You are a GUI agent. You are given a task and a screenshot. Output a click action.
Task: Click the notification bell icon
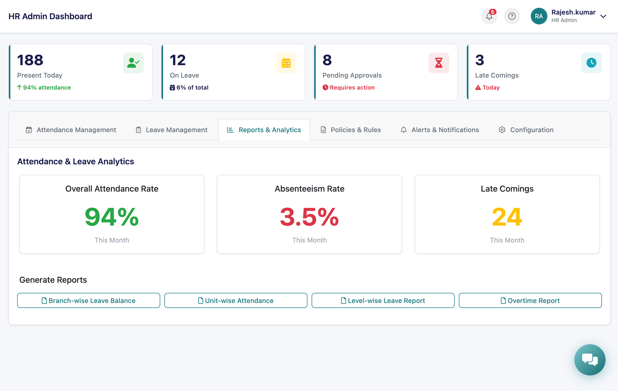pos(489,16)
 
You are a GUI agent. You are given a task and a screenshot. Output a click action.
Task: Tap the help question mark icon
pos(512,16)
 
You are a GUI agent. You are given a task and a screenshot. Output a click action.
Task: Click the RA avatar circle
pos(539,16)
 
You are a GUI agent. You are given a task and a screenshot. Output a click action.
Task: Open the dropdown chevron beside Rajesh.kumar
pos(603,16)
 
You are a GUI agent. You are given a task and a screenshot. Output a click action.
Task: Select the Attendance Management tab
pos(71,130)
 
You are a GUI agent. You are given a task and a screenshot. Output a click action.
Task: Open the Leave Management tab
pos(171,130)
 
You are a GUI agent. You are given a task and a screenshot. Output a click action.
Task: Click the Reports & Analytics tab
pos(264,130)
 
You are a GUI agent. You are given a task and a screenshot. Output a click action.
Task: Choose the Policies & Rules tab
pos(351,130)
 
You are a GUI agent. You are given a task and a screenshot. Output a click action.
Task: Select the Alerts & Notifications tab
pos(440,130)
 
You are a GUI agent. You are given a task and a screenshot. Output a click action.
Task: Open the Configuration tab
pos(526,130)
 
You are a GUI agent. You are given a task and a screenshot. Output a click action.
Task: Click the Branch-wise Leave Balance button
pos(89,300)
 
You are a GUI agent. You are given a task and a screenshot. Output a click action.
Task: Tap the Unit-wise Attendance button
pos(236,300)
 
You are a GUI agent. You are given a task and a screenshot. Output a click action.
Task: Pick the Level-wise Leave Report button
pos(383,300)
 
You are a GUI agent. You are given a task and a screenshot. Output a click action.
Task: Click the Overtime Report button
pos(530,300)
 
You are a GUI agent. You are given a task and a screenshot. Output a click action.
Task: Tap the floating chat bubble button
pos(590,360)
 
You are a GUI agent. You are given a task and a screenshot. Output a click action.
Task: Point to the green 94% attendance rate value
pos(112,217)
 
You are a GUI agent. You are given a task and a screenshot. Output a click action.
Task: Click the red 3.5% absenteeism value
pos(309,217)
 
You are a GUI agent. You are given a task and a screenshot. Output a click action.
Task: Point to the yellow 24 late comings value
pos(507,217)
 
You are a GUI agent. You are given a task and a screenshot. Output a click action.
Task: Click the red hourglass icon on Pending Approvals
pos(439,63)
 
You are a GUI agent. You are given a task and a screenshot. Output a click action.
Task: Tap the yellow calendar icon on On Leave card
pos(286,63)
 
